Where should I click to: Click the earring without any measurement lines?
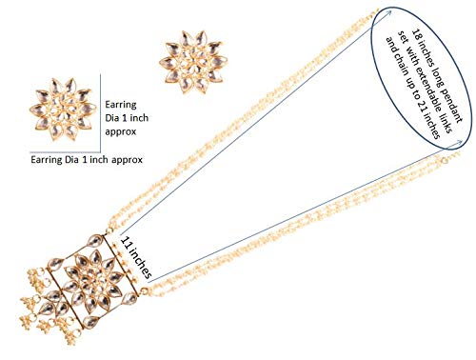coord(193,62)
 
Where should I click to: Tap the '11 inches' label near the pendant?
coord(136,257)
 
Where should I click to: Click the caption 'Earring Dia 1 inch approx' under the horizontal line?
coord(87,159)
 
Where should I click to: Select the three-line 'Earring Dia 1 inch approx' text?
coord(127,118)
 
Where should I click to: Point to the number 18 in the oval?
coord(417,35)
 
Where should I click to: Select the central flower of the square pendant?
coord(91,279)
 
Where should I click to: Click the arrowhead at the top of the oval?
coord(389,12)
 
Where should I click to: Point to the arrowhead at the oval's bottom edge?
coord(458,144)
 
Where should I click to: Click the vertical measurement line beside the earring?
coord(101,113)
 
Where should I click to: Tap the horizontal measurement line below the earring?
coord(66,152)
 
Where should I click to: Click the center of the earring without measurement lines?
coord(193,62)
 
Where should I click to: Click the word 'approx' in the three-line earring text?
coord(120,131)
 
